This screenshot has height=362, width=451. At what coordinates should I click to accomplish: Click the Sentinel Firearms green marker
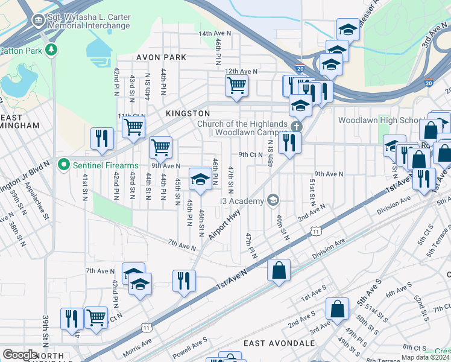pyautogui.click(x=63, y=165)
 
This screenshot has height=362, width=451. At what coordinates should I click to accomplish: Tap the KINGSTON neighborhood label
pyautogui.click(x=188, y=113)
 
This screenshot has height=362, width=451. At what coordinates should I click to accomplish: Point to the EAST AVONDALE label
pyautogui.click(x=274, y=343)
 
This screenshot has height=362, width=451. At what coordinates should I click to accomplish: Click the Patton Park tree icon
pyautogui.click(x=52, y=49)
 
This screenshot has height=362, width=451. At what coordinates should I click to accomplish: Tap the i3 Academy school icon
pyautogui.click(x=273, y=200)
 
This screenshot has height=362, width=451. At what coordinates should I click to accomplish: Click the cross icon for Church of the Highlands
pyautogui.click(x=295, y=127)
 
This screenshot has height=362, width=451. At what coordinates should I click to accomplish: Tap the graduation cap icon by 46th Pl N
pyautogui.click(x=200, y=179)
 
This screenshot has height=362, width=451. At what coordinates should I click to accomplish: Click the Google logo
pyautogui.click(x=20, y=354)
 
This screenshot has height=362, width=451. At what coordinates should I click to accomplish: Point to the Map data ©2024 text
pyautogui.click(x=426, y=357)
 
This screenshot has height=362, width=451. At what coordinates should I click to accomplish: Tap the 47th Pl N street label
pyautogui.click(x=251, y=246)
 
